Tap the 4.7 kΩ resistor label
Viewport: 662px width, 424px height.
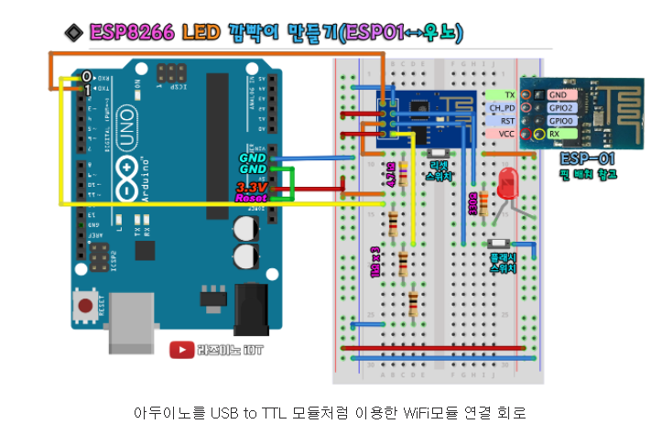(x=391, y=173)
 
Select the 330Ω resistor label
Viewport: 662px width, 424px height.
(x=472, y=203)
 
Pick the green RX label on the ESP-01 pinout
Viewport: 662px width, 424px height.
(x=554, y=134)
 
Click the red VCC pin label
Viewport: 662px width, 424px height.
(x=505, y=134)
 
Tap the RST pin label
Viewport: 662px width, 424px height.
(x=506, y=120)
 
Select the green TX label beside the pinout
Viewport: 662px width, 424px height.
(x=508, y=94)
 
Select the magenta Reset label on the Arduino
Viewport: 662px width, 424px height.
(x=251, y=197)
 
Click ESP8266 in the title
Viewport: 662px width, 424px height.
(x=130, y=33)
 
